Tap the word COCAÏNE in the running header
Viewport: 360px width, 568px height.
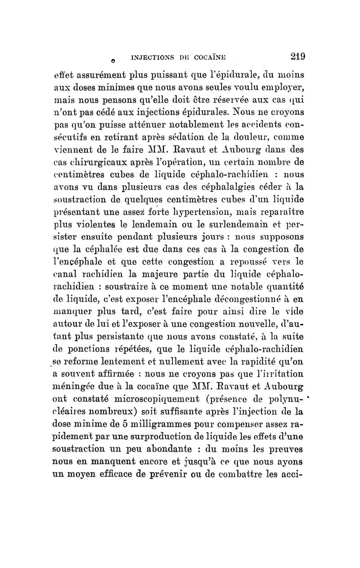220,57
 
